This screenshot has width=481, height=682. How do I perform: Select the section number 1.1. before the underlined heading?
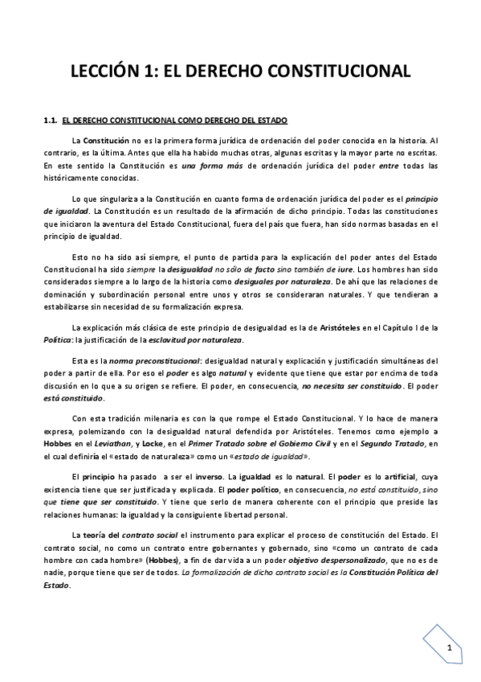(50, 121)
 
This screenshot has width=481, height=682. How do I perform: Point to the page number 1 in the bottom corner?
(450, 648)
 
